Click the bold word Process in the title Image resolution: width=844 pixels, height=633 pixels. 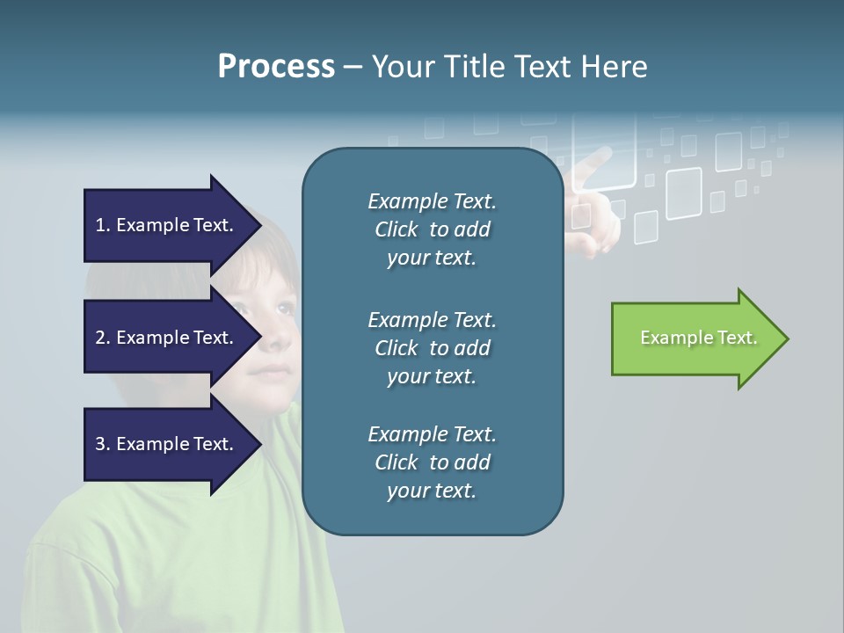click(x=276, y=67)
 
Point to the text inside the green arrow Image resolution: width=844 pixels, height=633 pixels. click(x=698, y=338)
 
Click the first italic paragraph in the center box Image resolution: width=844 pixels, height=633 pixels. click(x=432, y=229)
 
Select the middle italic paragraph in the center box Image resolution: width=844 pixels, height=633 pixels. click(x=432, y=348)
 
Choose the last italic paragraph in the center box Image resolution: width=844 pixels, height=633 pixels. click(x=432, y=462)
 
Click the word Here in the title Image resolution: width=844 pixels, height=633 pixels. click(x=615, y=67)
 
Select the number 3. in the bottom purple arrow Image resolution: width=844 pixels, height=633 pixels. click(x=102, y=444)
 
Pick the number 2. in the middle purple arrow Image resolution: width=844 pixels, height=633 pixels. click(x=102, y=338)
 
